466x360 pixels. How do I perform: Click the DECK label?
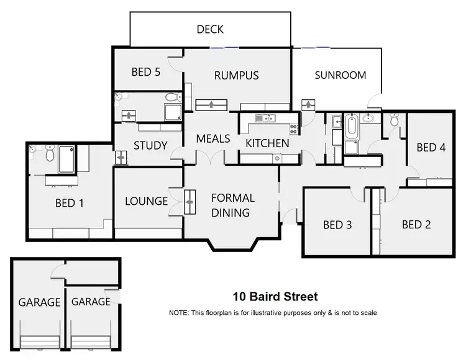[x=210, y=29]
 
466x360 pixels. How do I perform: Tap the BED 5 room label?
[x=146, y=72]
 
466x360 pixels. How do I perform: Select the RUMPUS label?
[x=236, y=76]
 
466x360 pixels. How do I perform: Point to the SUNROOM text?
[x=340, y=75]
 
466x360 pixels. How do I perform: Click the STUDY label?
[x=150, y=146]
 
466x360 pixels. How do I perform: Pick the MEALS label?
[x=213, y=138]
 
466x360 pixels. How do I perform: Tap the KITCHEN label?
[x=267, y=143]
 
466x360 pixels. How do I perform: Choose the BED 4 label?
[x=431, y=148]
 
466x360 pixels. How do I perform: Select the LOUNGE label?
[x=147, y=201]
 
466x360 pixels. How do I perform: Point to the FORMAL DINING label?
[x=232, y=205]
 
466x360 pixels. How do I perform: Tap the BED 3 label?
[x=337, y=225]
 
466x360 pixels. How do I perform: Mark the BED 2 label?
[x=416, y=225]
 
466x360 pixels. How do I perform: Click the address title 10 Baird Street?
[x=275, y=297]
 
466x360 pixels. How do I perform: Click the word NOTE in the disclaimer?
[x=180, y=313]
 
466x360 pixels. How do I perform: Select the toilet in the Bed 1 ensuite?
[x=50, y=153]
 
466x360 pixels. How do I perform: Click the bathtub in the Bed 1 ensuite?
[x=66, y=160]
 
